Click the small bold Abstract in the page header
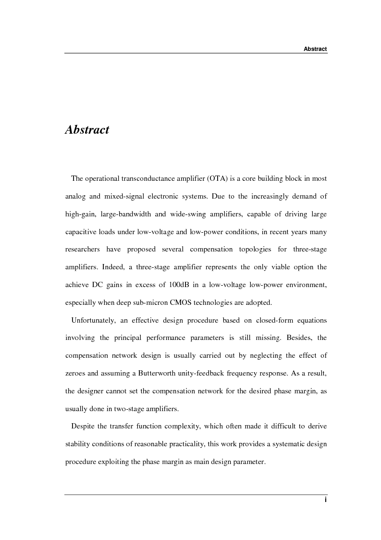315,49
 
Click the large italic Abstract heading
87,130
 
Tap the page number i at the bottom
325,500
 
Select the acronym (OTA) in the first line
220,179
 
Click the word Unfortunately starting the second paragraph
93,321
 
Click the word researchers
83,250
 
